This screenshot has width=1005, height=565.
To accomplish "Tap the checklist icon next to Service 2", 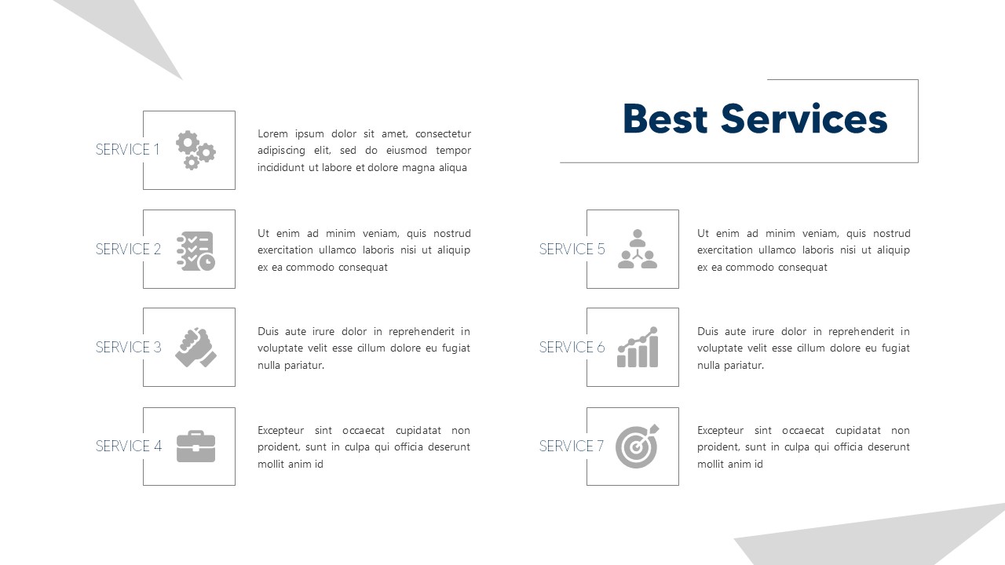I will coord(196,250).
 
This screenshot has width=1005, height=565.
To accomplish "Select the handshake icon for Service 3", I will coord(196,348).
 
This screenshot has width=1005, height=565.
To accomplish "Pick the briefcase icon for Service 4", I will coord(196,447).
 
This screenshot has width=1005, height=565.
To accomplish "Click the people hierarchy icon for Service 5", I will coord(637,249).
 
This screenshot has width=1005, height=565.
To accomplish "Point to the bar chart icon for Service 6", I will coord(637,348).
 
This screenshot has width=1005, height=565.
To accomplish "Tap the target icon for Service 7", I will coord(637,447).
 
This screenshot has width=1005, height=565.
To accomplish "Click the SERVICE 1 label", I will coord(127,150).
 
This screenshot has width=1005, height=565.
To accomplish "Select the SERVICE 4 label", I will coord(128,447).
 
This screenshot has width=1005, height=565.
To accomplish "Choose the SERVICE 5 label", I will coord(572,250).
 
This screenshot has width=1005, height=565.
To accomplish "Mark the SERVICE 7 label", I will coord(571,447).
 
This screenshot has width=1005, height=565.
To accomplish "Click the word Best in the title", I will coord(665,119).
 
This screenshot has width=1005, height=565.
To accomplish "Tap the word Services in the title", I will coord(804,119).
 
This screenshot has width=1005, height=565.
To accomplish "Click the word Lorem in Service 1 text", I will coord(273,134).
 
